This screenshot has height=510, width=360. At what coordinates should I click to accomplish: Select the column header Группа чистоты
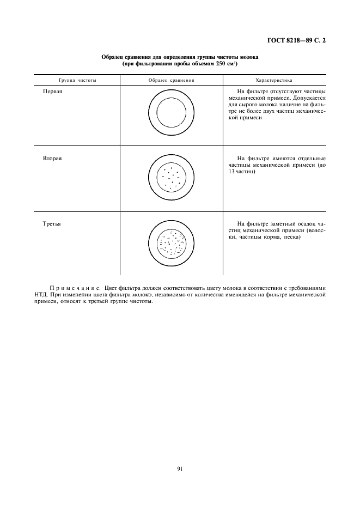coord(77,80)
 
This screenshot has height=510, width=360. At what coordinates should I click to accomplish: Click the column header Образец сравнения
coord(171,80)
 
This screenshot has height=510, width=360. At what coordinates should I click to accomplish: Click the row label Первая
coord(53,91)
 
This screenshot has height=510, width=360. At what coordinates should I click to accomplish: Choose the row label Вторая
coord(53,158)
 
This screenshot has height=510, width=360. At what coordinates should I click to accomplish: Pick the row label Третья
coord(52,223)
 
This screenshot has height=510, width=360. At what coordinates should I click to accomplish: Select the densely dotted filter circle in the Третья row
coord(172,243)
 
